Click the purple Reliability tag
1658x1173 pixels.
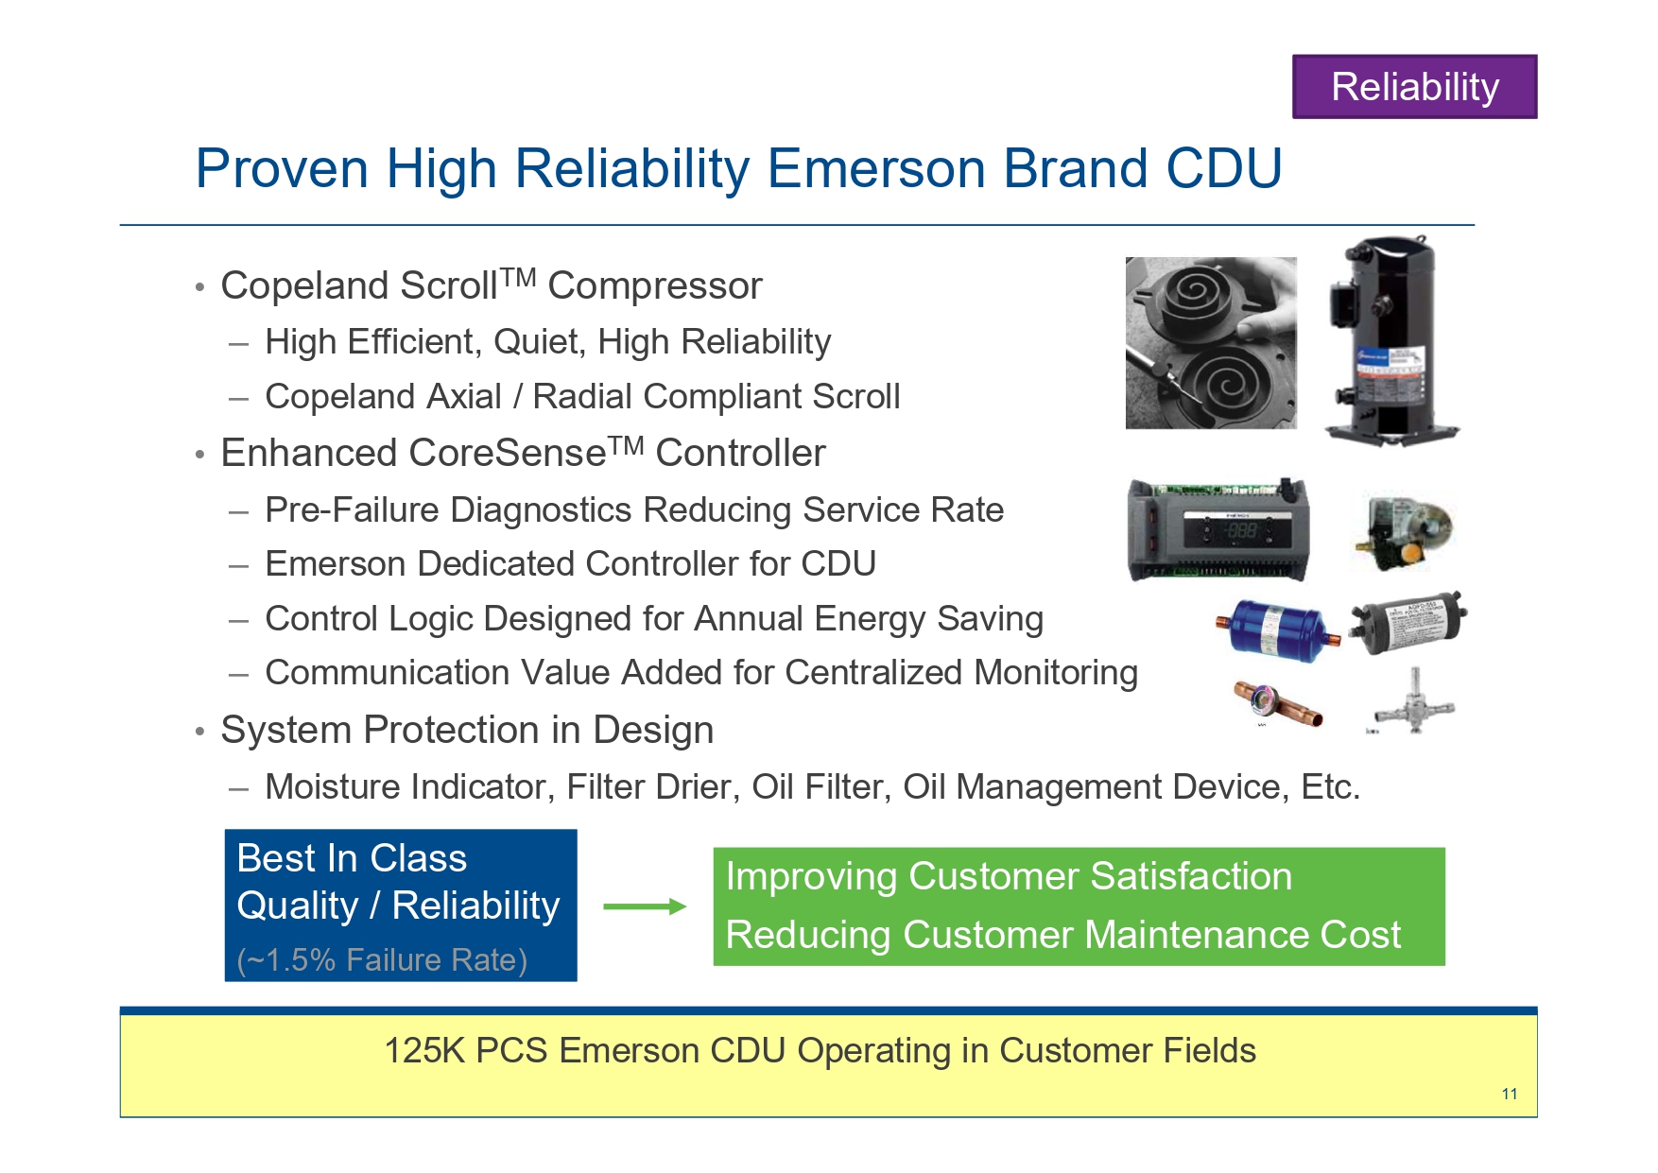[1414, 87]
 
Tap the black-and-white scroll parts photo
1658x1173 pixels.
[1211, 343]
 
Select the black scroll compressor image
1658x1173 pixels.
[1390, 341]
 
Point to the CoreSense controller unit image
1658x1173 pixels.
[1218, 529]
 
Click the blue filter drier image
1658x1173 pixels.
[1277, 630]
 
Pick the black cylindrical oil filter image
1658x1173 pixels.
[1408, 623]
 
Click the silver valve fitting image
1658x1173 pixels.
[1413, 701]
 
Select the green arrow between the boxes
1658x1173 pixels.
[645, 906]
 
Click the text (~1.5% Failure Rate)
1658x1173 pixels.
[382, 959]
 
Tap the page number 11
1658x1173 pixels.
[1510, 1094]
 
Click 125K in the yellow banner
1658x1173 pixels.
[425, 1050]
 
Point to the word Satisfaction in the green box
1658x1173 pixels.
[1191, 876]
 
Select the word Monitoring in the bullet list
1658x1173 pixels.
[1056, 672]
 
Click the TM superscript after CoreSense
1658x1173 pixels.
[626, 444]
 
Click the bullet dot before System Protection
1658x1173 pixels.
[199, 732]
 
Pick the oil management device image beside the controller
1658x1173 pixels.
[1404, 531]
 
